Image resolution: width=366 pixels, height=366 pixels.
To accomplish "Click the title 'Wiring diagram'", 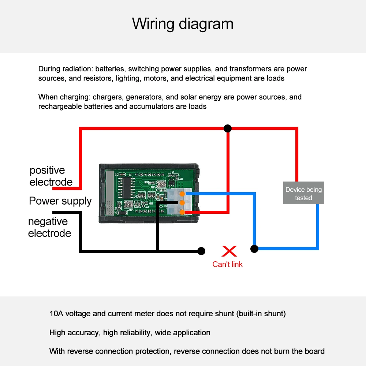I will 183,24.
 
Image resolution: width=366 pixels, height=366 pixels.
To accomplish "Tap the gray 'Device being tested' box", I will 304,193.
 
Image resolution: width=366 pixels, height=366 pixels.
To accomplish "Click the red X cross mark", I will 229,251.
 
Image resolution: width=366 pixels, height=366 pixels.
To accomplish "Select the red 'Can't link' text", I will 227,264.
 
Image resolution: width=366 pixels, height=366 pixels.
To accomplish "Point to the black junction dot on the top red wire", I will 228,128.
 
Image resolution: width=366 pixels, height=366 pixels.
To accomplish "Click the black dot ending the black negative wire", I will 201,251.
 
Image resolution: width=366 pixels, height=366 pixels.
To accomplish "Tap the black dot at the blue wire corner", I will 254,249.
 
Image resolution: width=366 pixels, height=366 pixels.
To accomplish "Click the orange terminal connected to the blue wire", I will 182,194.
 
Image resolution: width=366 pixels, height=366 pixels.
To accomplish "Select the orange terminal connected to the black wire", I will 182,203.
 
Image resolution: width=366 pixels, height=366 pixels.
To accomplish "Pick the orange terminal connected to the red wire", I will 182,211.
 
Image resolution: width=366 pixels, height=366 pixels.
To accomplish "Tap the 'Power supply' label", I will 60,201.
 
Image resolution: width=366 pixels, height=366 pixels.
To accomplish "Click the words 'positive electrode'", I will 51,176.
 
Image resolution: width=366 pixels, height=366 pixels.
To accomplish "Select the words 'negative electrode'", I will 49,227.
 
